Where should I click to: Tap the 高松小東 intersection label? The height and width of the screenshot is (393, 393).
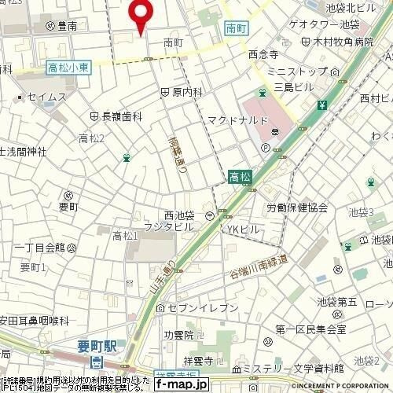[x=68, y=68]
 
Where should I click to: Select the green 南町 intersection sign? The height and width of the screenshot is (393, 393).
[x=234, y=27]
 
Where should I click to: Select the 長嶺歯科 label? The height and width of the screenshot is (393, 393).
[x=122, y=116]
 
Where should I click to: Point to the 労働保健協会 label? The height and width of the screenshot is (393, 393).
[x=296, y=208]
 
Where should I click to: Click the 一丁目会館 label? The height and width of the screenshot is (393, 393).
[x=39, y=247]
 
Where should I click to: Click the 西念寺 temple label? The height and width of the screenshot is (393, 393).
[x=263, y=55]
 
